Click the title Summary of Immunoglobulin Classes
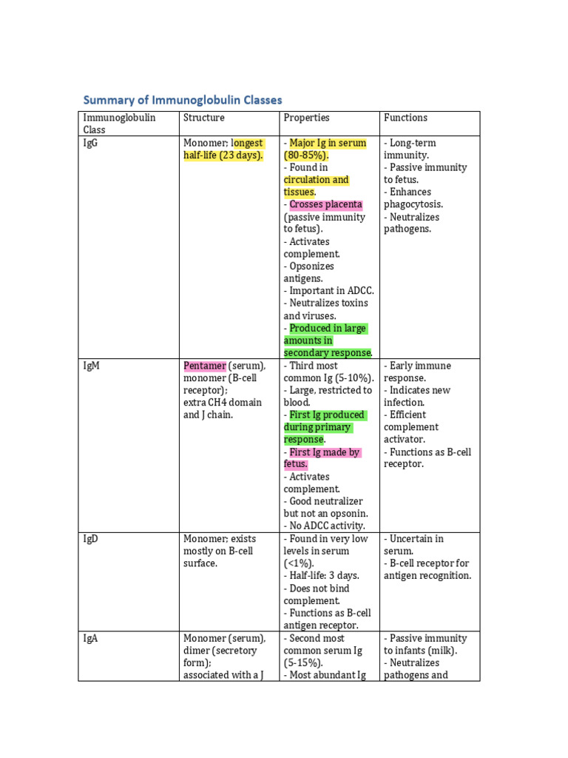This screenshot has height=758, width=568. click(x=182, y=99)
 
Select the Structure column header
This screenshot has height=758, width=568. click(x=203, y=118)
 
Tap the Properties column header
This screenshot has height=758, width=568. click(x=306, y=118)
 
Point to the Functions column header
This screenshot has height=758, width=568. click(x=405, y=118)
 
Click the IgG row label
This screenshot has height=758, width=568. click(x=91, y=143)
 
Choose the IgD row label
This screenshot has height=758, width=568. click(x=91, y=539)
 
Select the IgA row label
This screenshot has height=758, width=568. click(x=91, y=638)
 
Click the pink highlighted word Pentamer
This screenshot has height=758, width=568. click(x=204, y=366)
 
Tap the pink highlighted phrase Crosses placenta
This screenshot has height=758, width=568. click(x=325, y=204)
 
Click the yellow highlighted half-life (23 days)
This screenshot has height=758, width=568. click(x=223, y=155)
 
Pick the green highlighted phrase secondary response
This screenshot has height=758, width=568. click(x=328, y=353)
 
